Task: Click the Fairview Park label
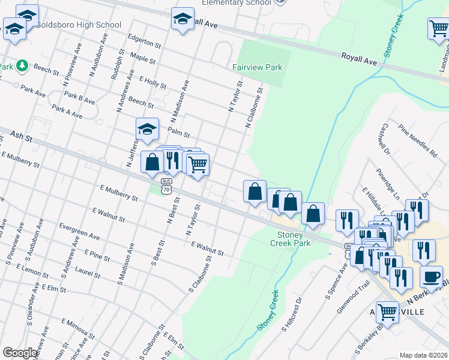(257, 68)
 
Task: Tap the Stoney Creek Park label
(290, 239)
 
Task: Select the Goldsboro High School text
(78, 25)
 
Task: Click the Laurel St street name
(88, 272)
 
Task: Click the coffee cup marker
(430, 276)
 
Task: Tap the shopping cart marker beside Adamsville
(388, 312)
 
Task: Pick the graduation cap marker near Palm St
(147, 128)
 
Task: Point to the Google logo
(20, 353)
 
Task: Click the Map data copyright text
(424, 355)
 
